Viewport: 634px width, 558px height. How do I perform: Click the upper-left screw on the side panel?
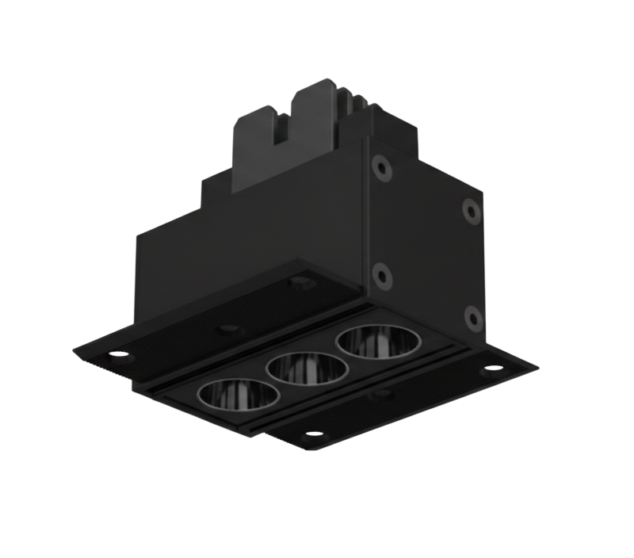pos(383,168)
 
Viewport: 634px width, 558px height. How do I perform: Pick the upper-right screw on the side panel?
pos(470,211)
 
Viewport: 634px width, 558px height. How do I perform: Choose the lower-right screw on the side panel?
pos(472,317)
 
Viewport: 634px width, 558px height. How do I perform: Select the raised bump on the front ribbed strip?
pos(384,392)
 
